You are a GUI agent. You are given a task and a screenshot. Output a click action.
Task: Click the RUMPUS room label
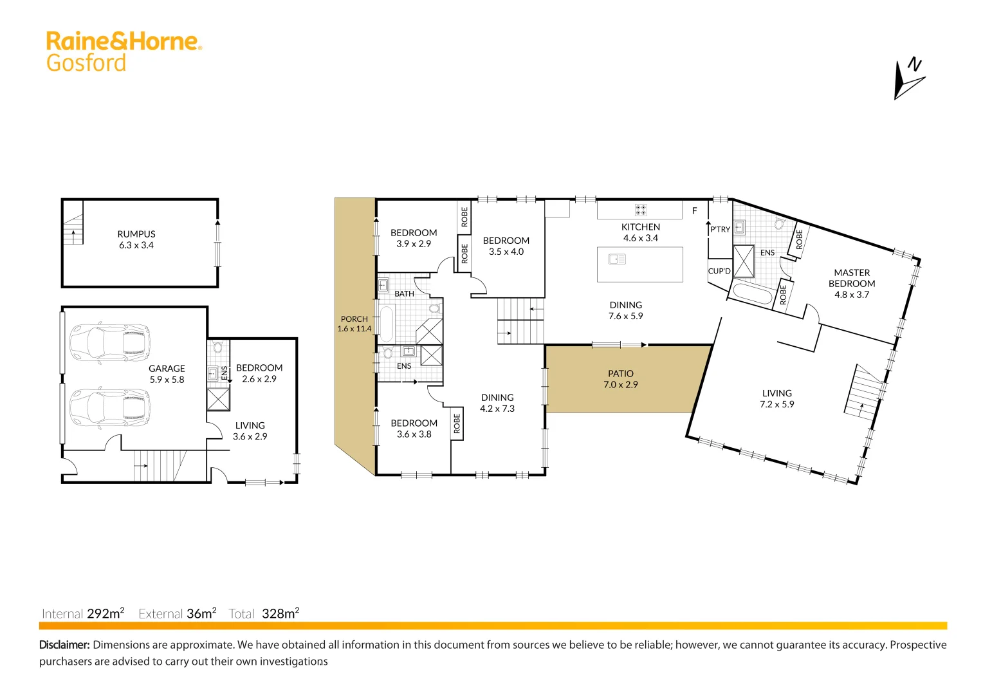136,234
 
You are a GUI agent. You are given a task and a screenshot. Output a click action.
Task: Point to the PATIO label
620,373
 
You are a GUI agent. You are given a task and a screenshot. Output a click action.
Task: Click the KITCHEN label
640,227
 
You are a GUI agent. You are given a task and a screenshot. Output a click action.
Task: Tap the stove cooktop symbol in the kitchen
641,210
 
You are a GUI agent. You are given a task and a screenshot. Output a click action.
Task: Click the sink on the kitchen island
617,259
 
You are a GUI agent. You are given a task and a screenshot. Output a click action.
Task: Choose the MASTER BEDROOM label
851,278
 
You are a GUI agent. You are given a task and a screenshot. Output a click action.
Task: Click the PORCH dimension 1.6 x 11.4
354,329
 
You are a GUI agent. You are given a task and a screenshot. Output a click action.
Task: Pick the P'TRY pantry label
720,229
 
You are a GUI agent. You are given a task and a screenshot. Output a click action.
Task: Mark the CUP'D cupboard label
719,271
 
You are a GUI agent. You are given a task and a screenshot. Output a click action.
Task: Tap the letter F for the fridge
694,210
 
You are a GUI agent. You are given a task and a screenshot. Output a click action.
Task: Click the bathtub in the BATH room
386,324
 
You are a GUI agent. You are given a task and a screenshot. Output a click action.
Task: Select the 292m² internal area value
106,613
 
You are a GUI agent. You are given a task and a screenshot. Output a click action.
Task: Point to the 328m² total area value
280,613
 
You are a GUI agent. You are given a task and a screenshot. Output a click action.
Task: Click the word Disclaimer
65,645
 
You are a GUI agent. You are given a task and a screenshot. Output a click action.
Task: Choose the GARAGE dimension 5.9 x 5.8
167,380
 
